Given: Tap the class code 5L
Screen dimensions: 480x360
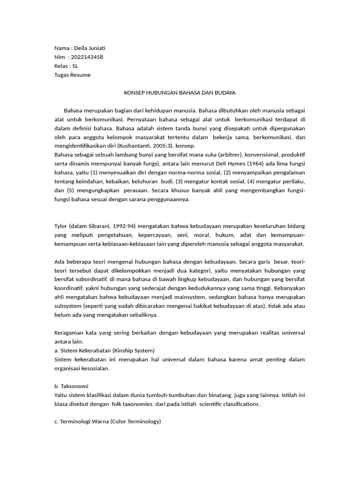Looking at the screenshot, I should (x=75, y=66).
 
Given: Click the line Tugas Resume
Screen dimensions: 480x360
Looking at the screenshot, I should (x=73, y=75).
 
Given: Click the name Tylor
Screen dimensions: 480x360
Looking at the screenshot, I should (x=62, y=226).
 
